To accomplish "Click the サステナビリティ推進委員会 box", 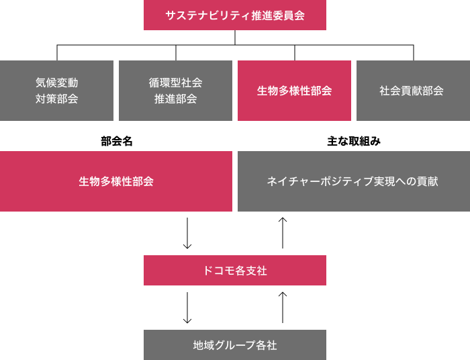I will pyautogui.click(x=235, y=15).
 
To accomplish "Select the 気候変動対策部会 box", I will pyautogui.click(x=56, y=91).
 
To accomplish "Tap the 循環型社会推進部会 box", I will pyautogui.click(x=175, y=91).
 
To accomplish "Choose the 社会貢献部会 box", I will pyautogui.click(x=412, y=91).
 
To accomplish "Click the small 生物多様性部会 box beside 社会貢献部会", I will pyautogui.click(x=294, y=91).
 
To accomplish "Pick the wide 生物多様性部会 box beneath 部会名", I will pyautogui.click(x=116, y=181).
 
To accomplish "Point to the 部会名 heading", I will pyautogui.click(x=117, y=141).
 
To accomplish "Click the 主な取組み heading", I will pyautogui.click(x=354, y=141).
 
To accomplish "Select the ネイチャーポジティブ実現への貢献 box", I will pyautogui.click(x=352, y=181).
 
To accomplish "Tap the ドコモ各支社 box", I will pyautogui.click(x=235, y=271).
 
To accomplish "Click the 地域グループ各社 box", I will pyautogui.click(x=235, y=345).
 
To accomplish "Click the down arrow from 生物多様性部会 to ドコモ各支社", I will pyautogui.click(x=188, y=233).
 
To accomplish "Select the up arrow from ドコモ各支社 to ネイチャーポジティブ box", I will pyautogui.click(x=283, y=233).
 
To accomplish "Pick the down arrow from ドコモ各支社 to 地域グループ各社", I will pyautogui.click(x=188, y=308).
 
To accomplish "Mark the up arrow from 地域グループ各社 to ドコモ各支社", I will pyautogui.click(x=283, y=308).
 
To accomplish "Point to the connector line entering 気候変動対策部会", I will pyautogui.click(x=57, y=53).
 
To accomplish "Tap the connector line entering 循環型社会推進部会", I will pyautogui.click(x=176, y=53).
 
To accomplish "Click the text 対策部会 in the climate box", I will pyautogui.click(x=56, y=99).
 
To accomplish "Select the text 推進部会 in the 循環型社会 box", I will pyautogui.click(x=175, y=99).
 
